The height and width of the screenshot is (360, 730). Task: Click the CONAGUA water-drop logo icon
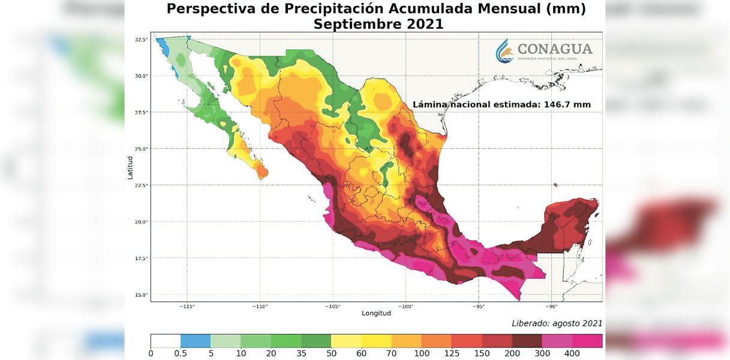coord(505,51)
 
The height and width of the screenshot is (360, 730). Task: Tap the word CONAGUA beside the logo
coord(554,49)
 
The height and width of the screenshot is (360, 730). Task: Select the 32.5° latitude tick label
coord(141,40)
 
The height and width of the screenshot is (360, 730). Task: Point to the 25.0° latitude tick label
coord(141,149)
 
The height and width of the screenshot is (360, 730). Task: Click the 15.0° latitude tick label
coord(141,295)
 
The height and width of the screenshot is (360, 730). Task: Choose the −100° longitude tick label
coord(405,307)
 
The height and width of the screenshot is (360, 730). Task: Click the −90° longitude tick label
coord(551,307)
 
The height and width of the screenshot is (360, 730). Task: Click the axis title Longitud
coord(376,313)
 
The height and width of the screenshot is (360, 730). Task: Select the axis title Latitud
coord(130,167)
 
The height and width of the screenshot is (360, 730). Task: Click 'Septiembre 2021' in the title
coord(378,25)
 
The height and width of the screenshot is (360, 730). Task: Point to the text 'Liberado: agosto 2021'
coord(557,323)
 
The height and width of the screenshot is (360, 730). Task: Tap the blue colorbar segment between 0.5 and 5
coord(196,341)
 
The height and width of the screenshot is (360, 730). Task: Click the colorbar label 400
coord(572,354)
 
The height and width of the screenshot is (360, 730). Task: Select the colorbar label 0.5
coord(181,354)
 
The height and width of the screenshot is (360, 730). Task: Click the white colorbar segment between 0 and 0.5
coord(166,341)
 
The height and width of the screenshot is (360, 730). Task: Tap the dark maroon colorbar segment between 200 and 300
coord(527,341)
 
